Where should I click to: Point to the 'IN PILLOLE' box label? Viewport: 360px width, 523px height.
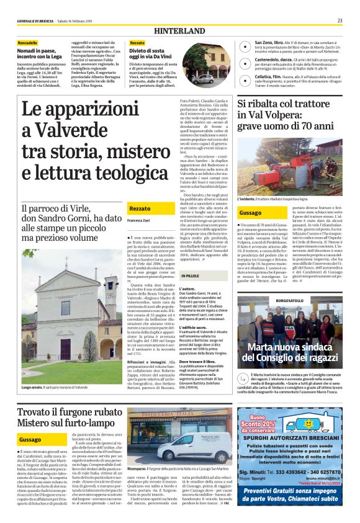click(189, 275)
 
